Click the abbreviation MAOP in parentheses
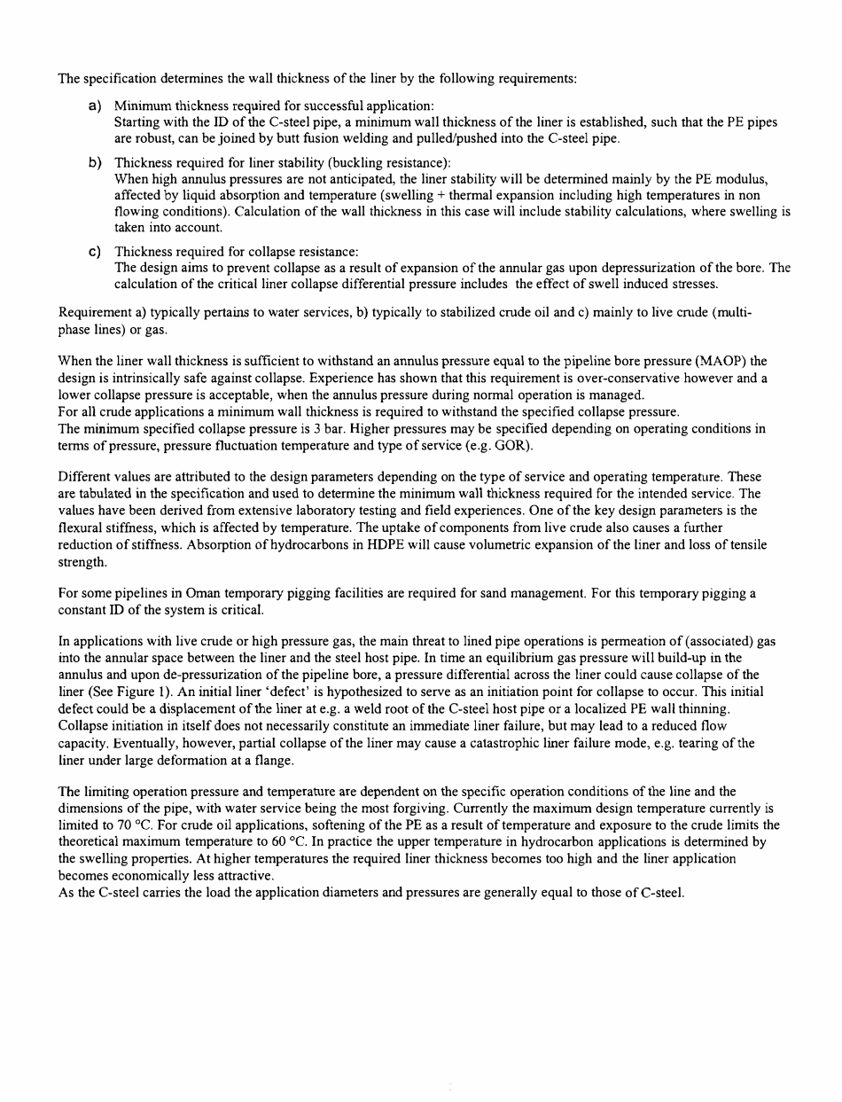(x=721, y=360)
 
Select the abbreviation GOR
(x=503, y=443)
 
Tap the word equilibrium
(x=520, y=658)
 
